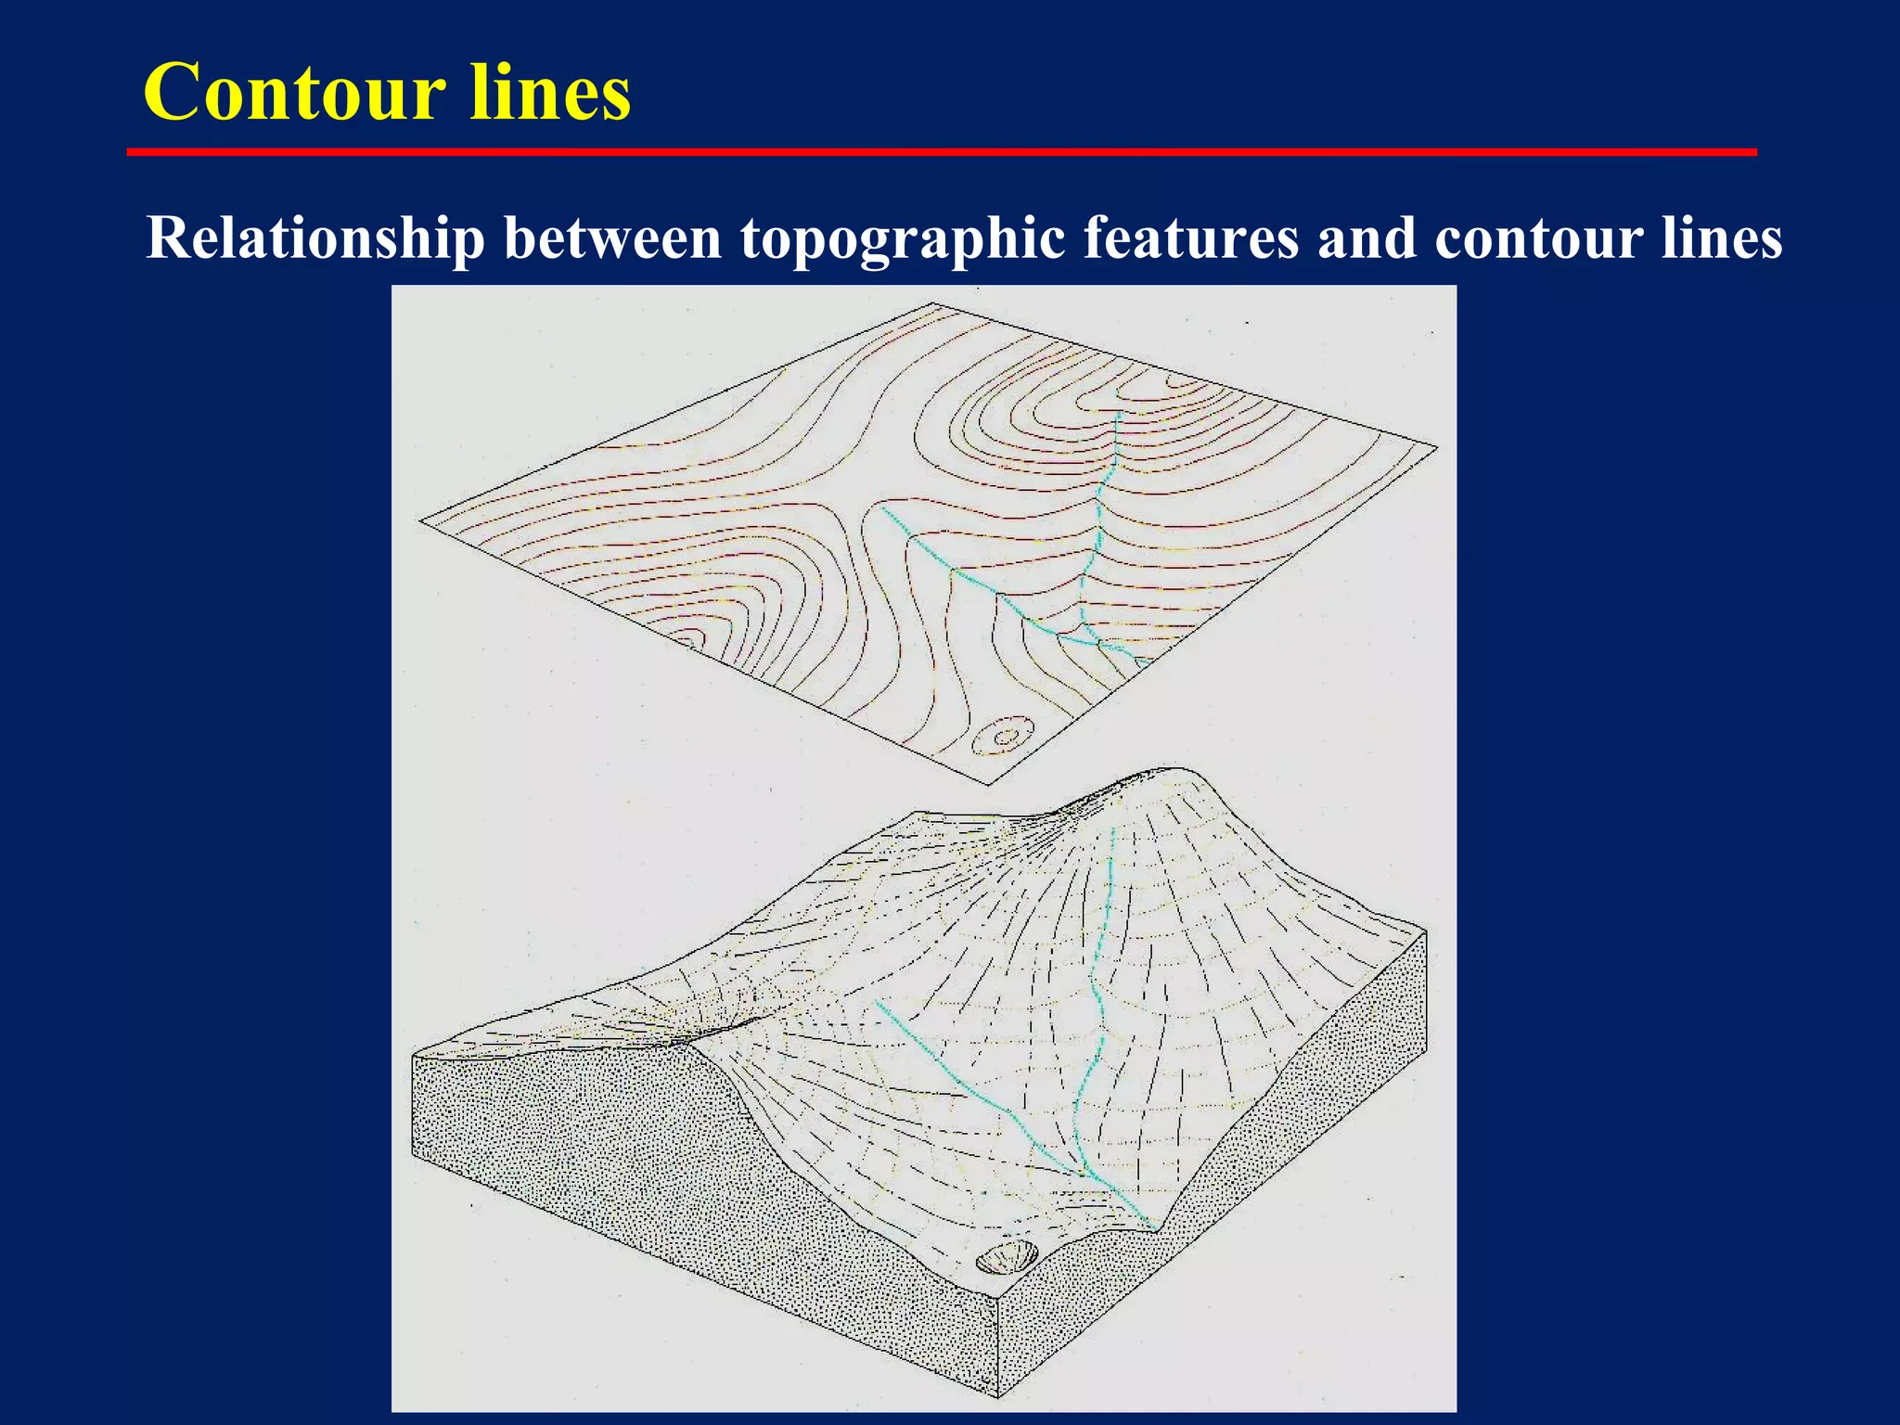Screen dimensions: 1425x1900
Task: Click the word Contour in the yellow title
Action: point(295,93)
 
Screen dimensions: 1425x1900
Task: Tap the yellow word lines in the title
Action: point(550,93)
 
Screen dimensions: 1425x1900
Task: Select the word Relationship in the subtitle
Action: point(315,238)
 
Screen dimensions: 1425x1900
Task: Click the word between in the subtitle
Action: point(612,238)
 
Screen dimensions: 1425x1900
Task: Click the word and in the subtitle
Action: point(1366,238)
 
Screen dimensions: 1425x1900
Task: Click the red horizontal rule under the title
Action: point(942,151)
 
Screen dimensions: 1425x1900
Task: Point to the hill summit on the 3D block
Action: point(1160,775)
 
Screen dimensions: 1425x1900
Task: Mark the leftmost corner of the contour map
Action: point(421,520)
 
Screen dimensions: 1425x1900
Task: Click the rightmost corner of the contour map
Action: point(1436,448)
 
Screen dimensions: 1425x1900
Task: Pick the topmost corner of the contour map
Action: point(931,303)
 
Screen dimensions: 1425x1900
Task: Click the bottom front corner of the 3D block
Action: point(998,1396)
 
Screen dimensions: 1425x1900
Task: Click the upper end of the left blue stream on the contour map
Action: point(881,507)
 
